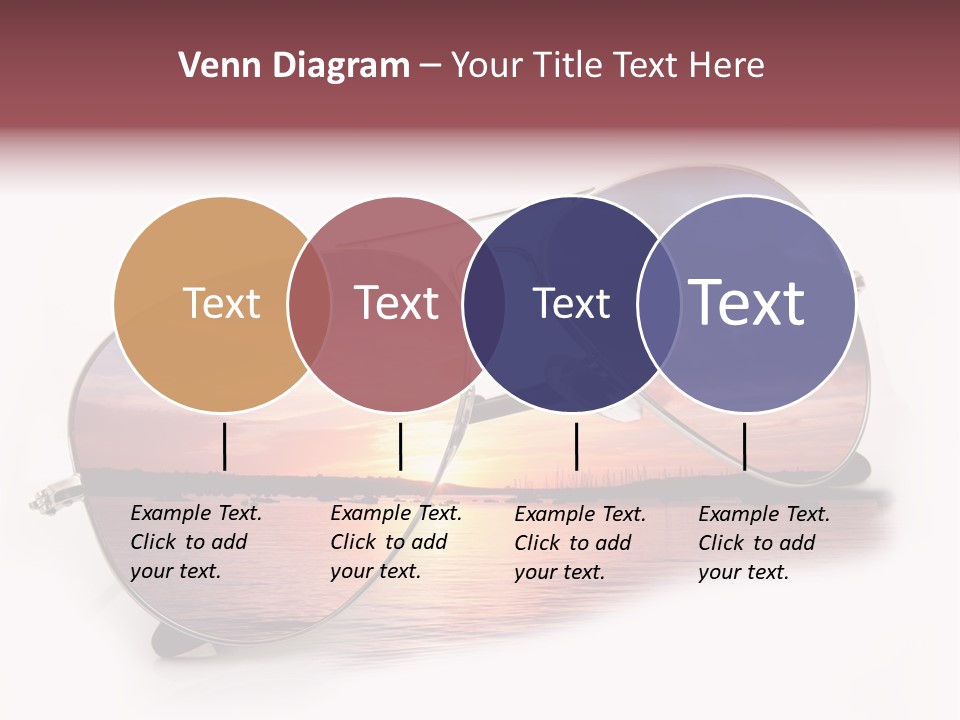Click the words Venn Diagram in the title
[x=293, y=66]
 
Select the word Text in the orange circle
[x=221, y=303]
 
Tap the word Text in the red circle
[x=396, y=303]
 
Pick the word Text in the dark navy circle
[x=571, y=303]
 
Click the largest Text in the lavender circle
[x=747, y=302]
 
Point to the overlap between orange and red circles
[x=309, y=304]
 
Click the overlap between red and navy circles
[x=484, y=304]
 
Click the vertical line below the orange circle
[x=224, y=447]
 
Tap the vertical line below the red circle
[x=400, y=447]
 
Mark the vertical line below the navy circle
[x=576, y=447]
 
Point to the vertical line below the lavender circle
[x=744, y=447]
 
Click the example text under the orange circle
[x=196, y=542]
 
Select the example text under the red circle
[x=396, y=542]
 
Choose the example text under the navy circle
[x=580, y=543]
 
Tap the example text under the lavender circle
[x=764, y=543]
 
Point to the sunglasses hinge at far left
[x=45, y=497]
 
